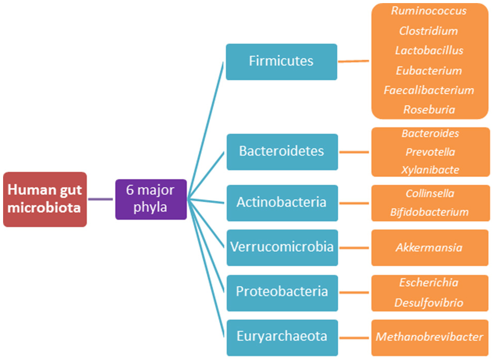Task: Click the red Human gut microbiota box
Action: [45, 199]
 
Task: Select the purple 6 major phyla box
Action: [151, 199]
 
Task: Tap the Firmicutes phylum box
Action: [281, 61]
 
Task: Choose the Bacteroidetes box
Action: [282, 152]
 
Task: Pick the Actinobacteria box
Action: [282, 202]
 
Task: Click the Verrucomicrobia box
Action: [282, 247]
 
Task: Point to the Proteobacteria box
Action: [282, 292]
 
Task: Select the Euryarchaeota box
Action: [282, 337]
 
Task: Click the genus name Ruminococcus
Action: [428, 11]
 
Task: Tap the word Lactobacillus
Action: [429, 51]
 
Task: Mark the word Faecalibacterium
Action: [428, 90]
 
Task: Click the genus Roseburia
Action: [429, 109]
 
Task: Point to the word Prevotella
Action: [430, 153]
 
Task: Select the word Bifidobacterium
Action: [429, 212]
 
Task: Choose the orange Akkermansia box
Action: [429, 248]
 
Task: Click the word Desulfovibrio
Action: [429, 303]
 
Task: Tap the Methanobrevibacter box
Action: [429, 337]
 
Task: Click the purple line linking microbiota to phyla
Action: [101, 199]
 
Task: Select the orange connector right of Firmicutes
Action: [354, 61]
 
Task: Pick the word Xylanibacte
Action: [430, 170]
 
